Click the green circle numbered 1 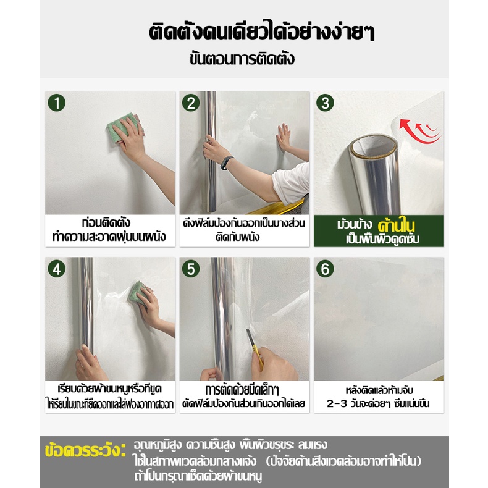(x=57, y=103)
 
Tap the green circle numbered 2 (x=191, y=103)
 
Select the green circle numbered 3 (x=325, y=103)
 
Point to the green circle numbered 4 (x=57, y=269)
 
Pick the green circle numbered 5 (x=191, y=269)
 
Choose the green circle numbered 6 (x=325, y=269)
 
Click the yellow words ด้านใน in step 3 (x=396, y=225)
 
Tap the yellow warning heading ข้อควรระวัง (x=85, y=451)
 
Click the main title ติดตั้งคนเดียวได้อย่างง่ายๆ (x=261, y=32)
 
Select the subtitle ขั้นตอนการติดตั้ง (x=242, y=59)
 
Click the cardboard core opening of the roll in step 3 (x=374, y=147)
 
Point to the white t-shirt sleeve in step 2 (x=291, y=183)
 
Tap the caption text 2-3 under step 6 (x=337, y=403)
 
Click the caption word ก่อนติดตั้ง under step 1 (x=106, y=222)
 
